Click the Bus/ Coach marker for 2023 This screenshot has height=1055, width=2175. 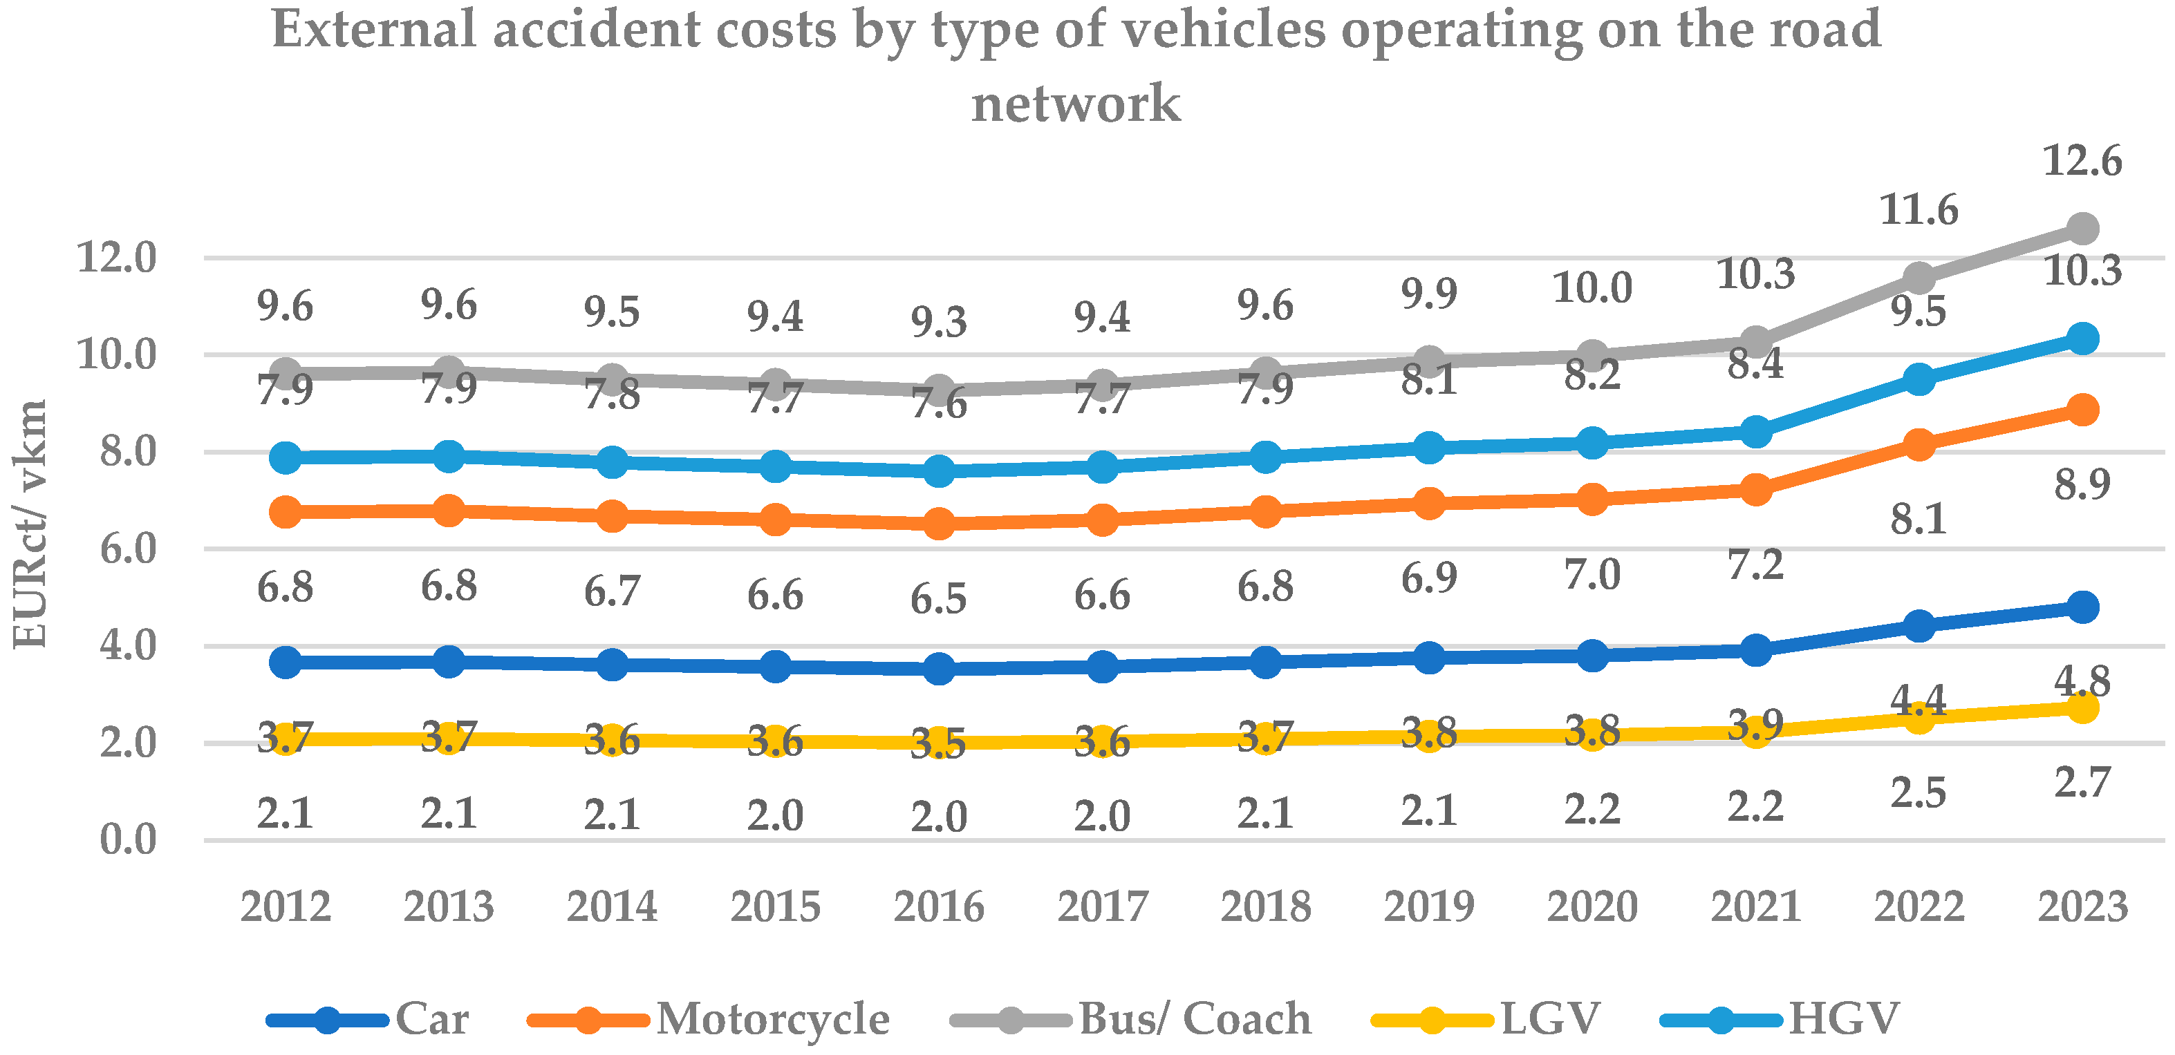pos(2082,228)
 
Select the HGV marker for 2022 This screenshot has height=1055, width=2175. pos(1919,379)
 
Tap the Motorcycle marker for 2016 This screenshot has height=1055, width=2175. pos(939,523)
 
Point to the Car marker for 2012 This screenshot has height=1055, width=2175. pos(286,662)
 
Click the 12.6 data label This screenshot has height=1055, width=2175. pos(2082,160)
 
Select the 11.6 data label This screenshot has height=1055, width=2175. pos(1919,209)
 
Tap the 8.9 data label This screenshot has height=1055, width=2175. pos(2082,484)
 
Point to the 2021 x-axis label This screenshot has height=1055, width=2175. pos(1756,907)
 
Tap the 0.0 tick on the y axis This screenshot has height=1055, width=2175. pos(129,839)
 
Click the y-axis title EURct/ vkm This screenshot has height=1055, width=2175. pos(30,523)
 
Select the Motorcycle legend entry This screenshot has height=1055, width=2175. pos(772,1018)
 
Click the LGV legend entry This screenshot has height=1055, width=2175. pos(1549,1018)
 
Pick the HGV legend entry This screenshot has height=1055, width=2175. pos(1843,1018)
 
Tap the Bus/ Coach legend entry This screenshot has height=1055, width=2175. pos(1195,1018)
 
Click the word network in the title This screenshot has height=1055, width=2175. pos(1076,103)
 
